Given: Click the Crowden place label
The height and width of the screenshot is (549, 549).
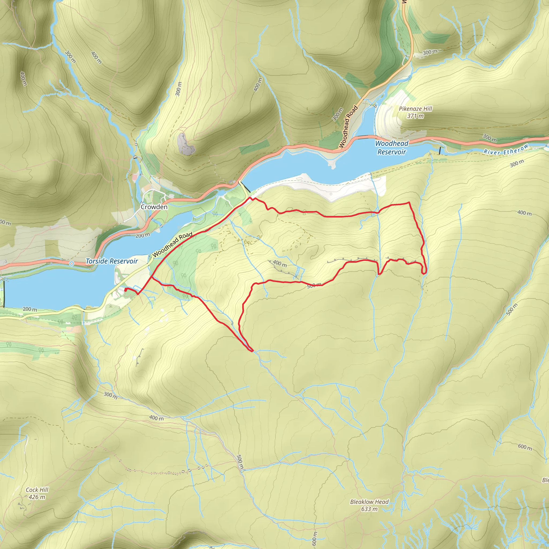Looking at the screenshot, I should coord(154,207).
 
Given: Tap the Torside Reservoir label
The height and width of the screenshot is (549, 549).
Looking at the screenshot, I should coord(112,261).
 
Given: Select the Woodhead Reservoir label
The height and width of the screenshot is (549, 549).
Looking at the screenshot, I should coord(392,147).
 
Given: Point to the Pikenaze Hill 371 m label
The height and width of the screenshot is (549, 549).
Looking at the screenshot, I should coord(416,112).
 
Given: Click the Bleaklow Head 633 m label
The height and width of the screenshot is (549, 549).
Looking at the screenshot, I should coord(369,505).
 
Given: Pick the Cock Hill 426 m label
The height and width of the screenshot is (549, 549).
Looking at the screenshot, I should coord(37,493).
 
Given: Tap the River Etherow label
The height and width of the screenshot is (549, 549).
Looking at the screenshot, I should coord(506,150).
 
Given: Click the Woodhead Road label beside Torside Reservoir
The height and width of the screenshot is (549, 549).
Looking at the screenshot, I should coord(172,245).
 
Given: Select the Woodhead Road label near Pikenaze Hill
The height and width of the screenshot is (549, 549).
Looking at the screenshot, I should coord(348,127).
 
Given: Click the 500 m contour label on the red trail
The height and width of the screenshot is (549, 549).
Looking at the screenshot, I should coord(314,285).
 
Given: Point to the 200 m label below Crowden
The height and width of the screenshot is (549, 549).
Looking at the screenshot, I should coord(143,235).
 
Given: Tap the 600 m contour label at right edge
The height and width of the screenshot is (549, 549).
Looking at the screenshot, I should coord(525,447).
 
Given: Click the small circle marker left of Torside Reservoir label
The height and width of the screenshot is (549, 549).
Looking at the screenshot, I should coord(72,264).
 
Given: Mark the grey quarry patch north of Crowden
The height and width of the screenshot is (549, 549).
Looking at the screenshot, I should coord(185,144).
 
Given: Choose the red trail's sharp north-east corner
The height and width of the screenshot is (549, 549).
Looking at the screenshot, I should coord(409,202).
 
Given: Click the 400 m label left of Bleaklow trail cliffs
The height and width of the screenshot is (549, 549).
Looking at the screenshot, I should coord(280,264).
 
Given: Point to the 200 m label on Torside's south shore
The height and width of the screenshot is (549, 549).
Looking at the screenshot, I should coord(30,309).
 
